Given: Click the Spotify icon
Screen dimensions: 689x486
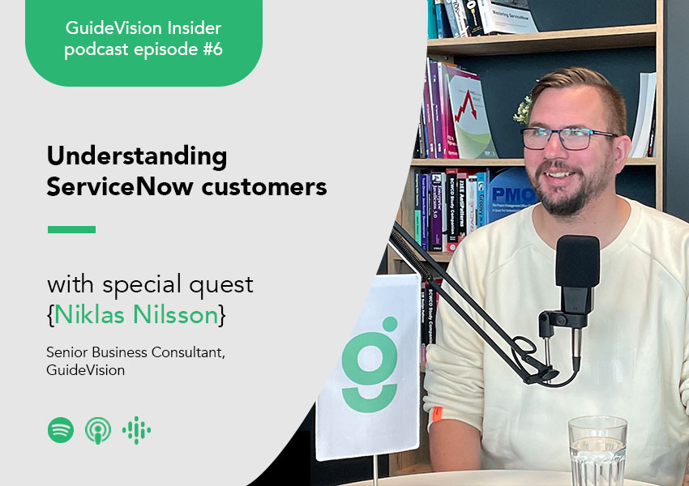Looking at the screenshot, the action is (x=61, y=430).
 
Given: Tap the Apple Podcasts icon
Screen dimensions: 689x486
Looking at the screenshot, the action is (x=98, y=430).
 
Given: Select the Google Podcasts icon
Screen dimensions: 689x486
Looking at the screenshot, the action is (x=137, y=430).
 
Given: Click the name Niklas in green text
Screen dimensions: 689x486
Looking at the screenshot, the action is (x=91, y=314).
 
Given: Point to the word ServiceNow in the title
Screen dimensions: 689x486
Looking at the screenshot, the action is (x=120, y=186).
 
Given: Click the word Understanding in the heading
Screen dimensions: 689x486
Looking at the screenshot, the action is (x=137, y=156).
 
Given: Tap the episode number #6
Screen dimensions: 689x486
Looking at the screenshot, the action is (x=212, y=49).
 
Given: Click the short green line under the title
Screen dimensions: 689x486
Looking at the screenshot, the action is (x=71, y=229).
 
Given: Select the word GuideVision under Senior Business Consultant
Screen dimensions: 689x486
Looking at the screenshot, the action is (x=86, y=370).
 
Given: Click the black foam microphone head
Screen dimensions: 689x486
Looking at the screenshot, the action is (x=577, y=261).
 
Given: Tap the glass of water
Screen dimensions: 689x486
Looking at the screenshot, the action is (x=597, y=450).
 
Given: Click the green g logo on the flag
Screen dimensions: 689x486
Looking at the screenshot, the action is (x=370, y=365).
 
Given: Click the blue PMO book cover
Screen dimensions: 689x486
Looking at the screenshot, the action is (x=512, y=195).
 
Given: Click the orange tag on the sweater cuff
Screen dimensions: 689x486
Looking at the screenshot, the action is (x=437, y=414).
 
